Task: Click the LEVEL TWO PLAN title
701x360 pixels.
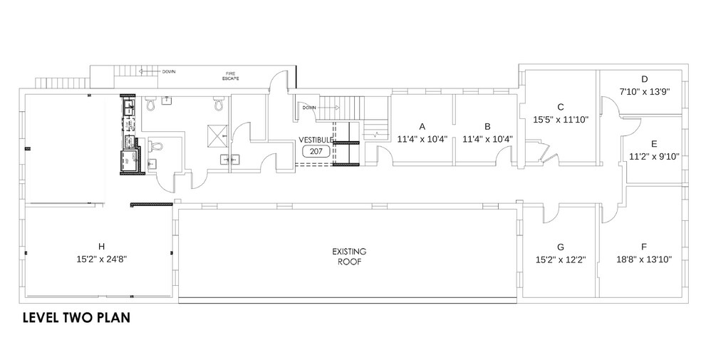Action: coord(76,317)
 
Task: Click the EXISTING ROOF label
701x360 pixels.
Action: coord(349,257)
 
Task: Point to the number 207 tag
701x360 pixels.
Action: coord(316,151)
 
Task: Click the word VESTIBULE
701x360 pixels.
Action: coord(316,140)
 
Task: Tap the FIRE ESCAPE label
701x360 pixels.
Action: coord(229,76)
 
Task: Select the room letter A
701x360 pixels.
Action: coord(422,126)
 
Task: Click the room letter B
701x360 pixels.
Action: coord(487,126)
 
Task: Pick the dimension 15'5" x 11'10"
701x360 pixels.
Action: coord(561,119)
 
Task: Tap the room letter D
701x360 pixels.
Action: coord(644,79)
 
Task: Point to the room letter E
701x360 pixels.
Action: coord(654,143)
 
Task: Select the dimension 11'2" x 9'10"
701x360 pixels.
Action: coord(654,156)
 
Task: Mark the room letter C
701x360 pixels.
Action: coord(561,107)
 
